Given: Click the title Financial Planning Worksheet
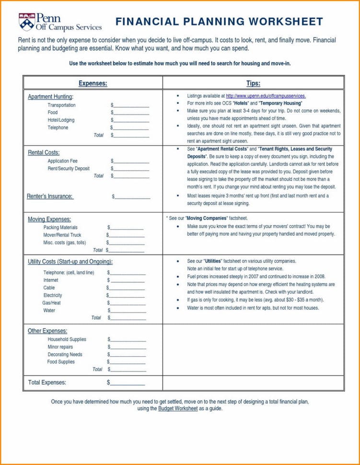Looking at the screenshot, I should point(219,22).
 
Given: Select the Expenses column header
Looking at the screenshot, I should point(93,83).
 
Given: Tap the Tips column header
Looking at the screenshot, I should point(253,83).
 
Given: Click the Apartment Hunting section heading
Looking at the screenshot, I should point(50,97).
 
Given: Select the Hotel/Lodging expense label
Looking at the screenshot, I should point(61,120).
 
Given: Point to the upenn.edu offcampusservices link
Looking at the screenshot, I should point(265,96).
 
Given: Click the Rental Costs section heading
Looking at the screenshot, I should point(44,152).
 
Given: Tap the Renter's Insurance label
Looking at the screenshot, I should point(50,196).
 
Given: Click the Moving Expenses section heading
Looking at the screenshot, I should point(49,219).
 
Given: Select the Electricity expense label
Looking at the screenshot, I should point(53,295).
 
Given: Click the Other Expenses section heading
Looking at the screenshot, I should point(47,331).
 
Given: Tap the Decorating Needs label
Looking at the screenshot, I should point(65,354).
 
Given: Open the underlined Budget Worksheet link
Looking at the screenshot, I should point(177,408).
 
